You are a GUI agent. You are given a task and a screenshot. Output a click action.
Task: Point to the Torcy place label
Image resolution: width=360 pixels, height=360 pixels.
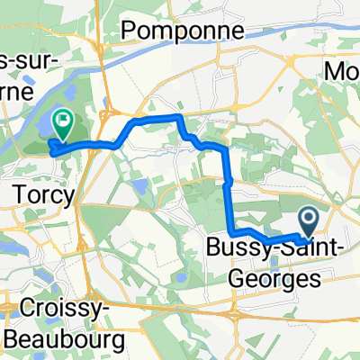[33, 193]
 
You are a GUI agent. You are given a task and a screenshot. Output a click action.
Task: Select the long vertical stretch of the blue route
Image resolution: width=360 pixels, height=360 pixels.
[226, 193]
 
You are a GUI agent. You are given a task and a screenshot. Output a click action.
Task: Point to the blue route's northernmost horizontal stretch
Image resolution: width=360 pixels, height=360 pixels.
[157, 118]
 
